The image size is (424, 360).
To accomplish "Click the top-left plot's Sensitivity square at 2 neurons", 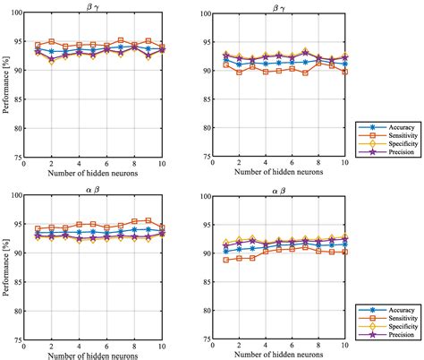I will [x=52, y=41].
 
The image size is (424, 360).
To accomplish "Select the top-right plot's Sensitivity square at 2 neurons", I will [x=239, y=72].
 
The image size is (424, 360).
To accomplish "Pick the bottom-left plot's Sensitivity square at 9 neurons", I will [x=148, y=220].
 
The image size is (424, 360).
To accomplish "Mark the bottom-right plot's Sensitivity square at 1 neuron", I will [x=225, y=260].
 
